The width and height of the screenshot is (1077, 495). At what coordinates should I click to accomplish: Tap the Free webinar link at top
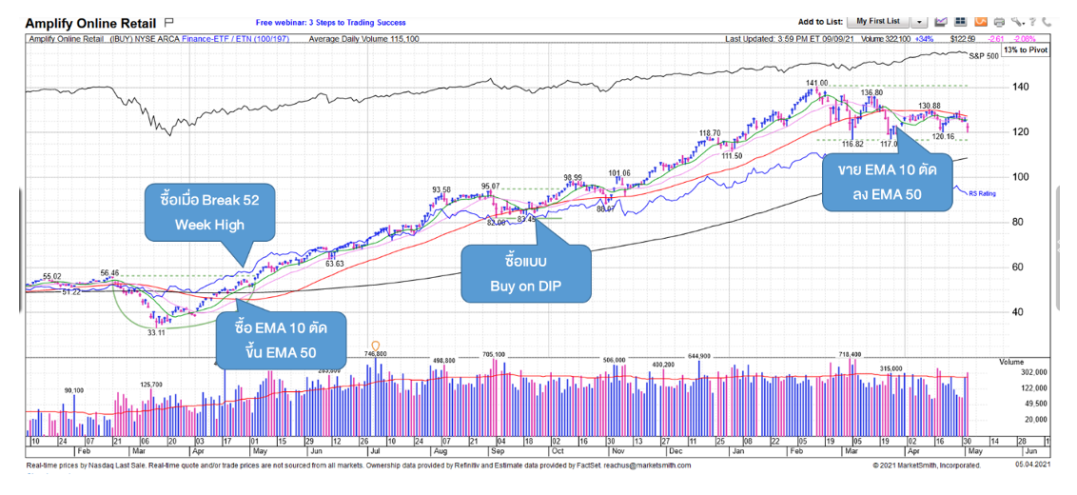click(330, 22)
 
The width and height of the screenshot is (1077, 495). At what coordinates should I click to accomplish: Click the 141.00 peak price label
click(817, 83)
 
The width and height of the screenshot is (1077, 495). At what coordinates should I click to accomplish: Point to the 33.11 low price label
click(156, 332)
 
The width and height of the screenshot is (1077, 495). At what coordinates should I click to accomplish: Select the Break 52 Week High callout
click(210, 212)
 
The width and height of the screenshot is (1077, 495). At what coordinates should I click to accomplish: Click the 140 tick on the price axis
click(1019, 87)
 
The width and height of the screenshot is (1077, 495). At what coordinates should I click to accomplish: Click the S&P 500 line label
click(984, 57)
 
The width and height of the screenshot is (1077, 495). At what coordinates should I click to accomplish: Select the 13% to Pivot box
click(1025, 49)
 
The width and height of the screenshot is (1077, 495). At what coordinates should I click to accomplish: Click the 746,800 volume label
click(375, 353)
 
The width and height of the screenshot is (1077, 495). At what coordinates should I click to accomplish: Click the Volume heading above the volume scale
click(1011, 362)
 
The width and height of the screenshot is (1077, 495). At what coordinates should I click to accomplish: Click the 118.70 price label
click(710, 133)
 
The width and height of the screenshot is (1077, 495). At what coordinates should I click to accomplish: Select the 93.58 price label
click(441, 189)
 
